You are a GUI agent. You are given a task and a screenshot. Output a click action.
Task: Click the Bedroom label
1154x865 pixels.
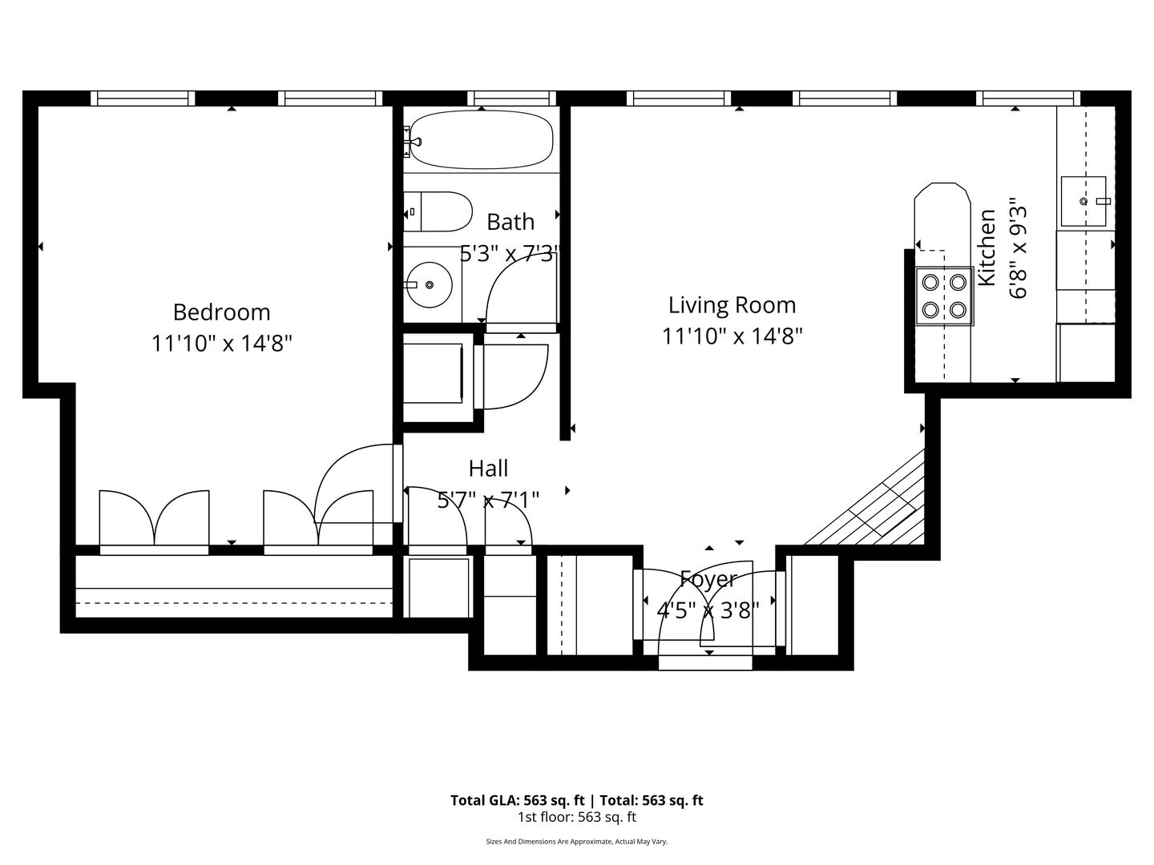[221, 312]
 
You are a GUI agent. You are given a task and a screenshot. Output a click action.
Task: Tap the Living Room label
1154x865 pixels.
[732, 305]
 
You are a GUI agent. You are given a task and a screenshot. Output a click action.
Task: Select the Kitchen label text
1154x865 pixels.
[987, 248]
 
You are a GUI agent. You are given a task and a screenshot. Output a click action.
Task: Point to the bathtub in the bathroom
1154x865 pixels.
[481, 139]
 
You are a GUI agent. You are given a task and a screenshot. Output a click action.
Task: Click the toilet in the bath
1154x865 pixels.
[438, 211]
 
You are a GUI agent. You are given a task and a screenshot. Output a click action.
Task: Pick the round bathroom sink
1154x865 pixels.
[430, 284]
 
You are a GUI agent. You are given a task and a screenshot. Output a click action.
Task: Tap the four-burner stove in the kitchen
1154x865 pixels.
[944, 296]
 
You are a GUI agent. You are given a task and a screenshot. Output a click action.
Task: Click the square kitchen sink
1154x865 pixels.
[1083, 201]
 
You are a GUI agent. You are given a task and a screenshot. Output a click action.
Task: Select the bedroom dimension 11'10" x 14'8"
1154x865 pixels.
[222, 344]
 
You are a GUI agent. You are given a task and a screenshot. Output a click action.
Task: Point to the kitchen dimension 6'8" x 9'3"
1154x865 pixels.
[1019, 248]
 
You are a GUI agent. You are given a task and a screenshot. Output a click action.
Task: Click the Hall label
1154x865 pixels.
[488, 469]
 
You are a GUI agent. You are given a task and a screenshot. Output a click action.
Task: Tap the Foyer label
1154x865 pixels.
[708, 580]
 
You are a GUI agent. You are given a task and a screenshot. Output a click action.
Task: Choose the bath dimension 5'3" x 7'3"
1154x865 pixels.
[508, 254]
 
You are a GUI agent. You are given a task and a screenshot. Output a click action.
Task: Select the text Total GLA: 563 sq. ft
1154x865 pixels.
[518, 800]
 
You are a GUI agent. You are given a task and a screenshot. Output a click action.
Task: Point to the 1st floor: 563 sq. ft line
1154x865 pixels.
[577, 817]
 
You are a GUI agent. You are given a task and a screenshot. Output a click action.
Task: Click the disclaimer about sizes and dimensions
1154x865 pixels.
[577, 841]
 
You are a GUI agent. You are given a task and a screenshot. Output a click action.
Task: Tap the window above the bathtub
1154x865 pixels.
[511, 99]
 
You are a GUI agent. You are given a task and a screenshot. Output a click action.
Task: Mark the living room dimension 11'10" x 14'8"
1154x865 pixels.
[732, 336]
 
